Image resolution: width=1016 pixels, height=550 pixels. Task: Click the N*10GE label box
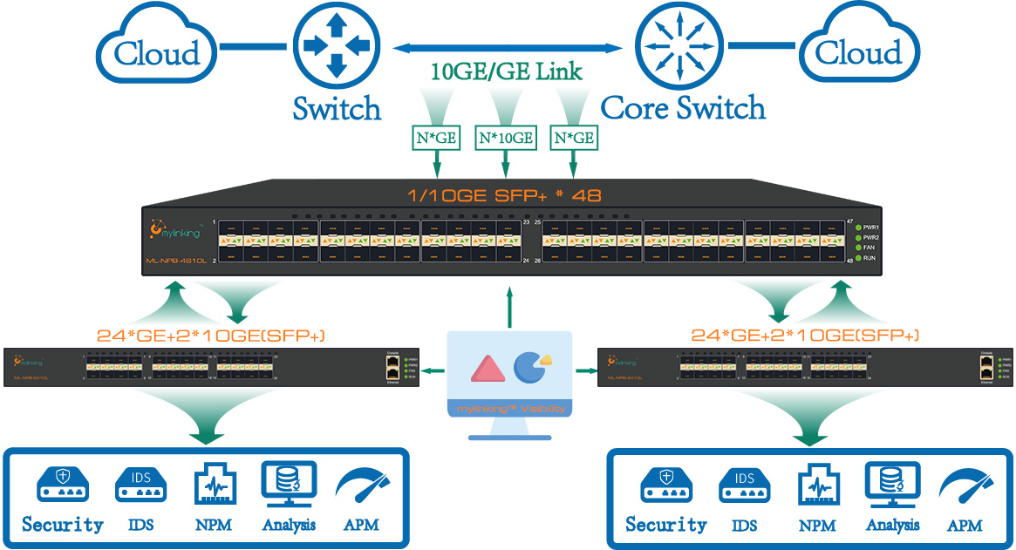505,138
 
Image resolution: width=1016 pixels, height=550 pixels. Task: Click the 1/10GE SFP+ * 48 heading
506,194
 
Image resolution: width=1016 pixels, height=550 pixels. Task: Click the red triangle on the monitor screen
487,368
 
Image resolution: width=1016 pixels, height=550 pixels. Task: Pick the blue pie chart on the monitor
530,366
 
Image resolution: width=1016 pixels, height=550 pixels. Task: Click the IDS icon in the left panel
140,485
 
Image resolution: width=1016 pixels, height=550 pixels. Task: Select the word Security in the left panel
63,525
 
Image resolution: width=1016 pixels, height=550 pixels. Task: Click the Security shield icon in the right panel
666,485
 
